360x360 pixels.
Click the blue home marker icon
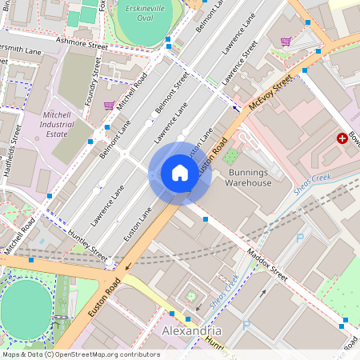[x=179, y=173]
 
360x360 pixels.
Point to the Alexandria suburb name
[x=192, y=330]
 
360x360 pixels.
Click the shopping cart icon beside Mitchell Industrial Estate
[x=109, y=105]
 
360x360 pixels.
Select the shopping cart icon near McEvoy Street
[x=286, y=42]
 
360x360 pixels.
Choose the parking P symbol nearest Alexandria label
[x=246, y=326]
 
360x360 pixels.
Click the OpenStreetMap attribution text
[x=80, y=354]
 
